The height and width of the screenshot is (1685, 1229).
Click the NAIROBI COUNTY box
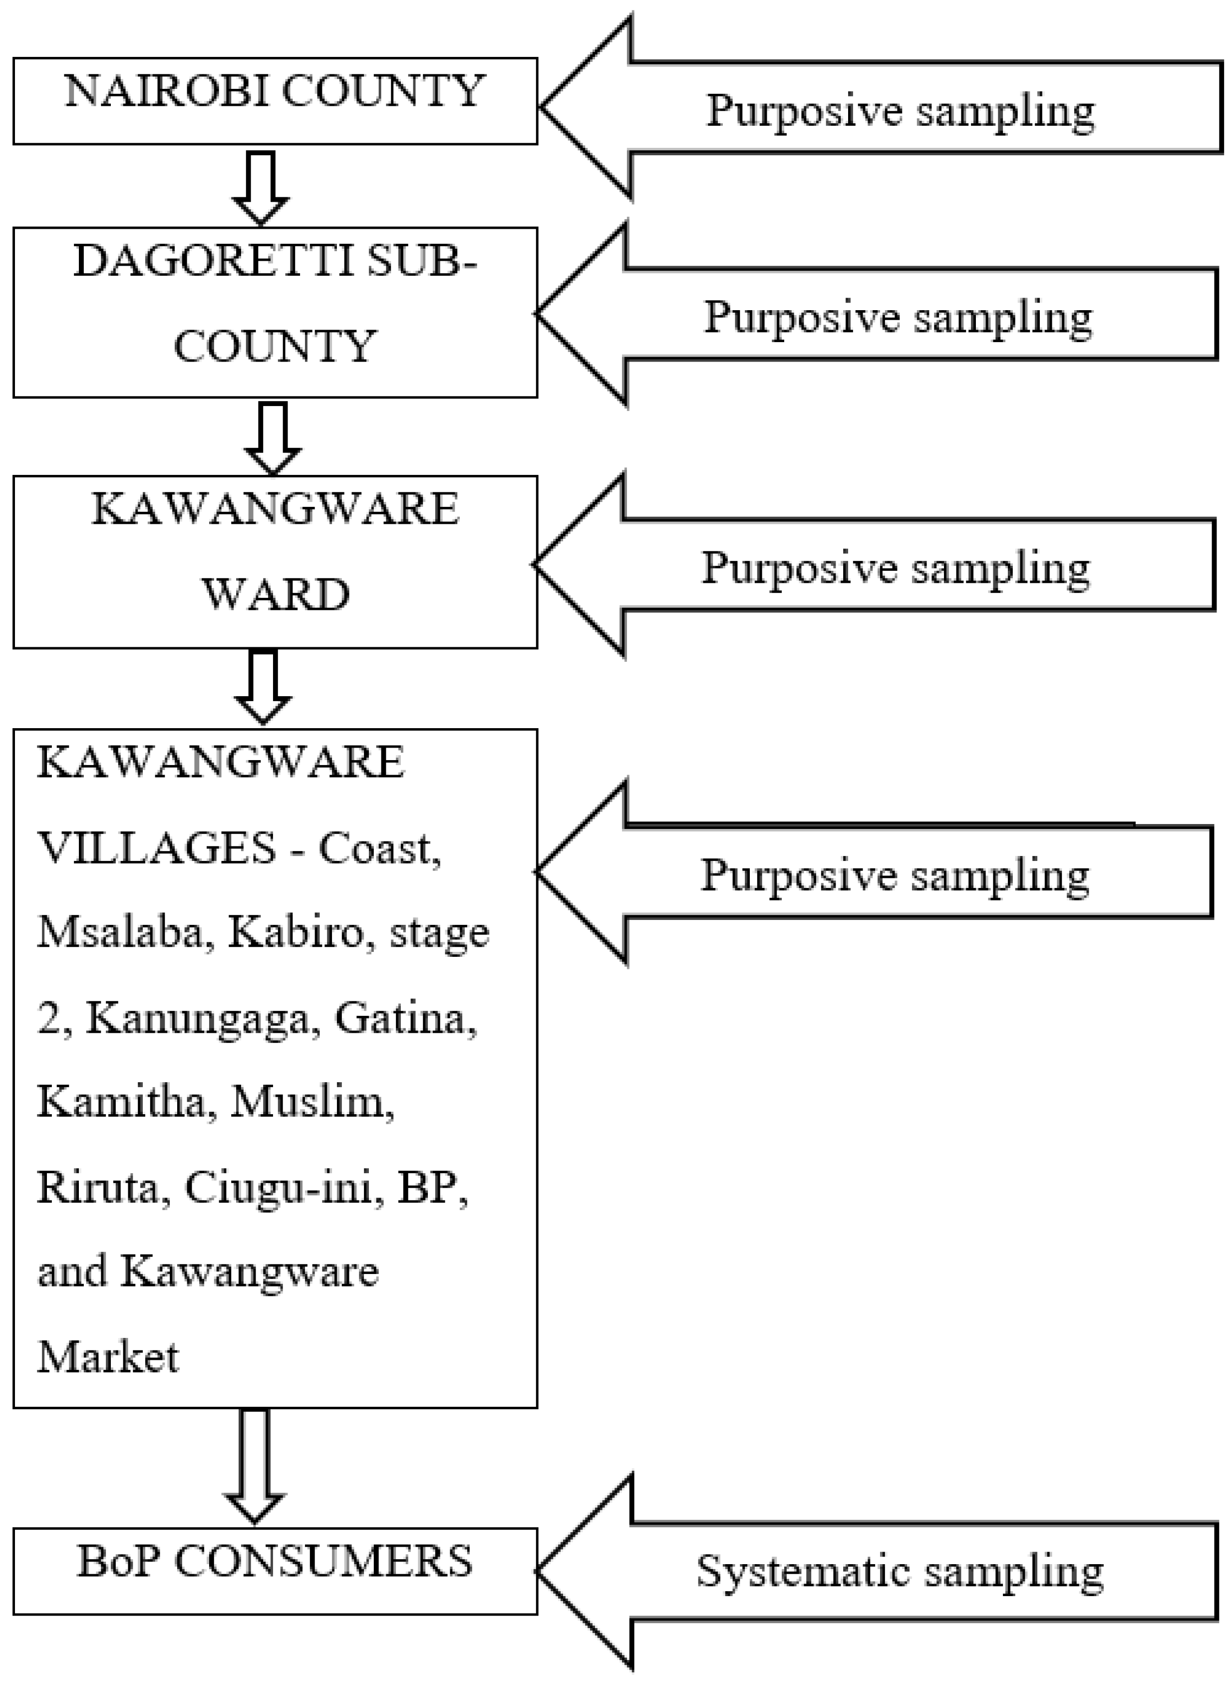(275, 100)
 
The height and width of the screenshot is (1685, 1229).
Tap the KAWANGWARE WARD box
(275, 561)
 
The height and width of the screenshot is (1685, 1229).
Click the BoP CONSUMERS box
(275, 1570)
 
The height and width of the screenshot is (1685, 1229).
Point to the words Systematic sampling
(899, 1572)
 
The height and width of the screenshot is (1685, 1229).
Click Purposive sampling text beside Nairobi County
(900, 110)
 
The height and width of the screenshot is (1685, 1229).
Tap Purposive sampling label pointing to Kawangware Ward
(895, 567)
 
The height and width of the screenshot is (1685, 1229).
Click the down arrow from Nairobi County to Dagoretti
(261, 186)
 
